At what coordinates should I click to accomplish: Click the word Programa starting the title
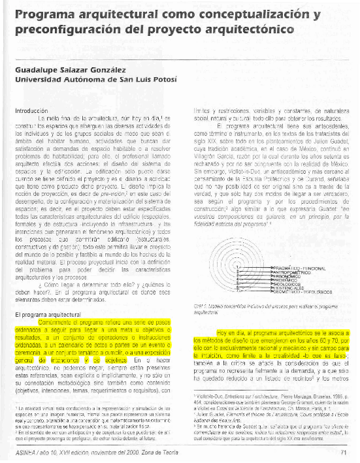click(x=40, y=14)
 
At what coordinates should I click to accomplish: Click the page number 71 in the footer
click(x=344, y=452)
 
